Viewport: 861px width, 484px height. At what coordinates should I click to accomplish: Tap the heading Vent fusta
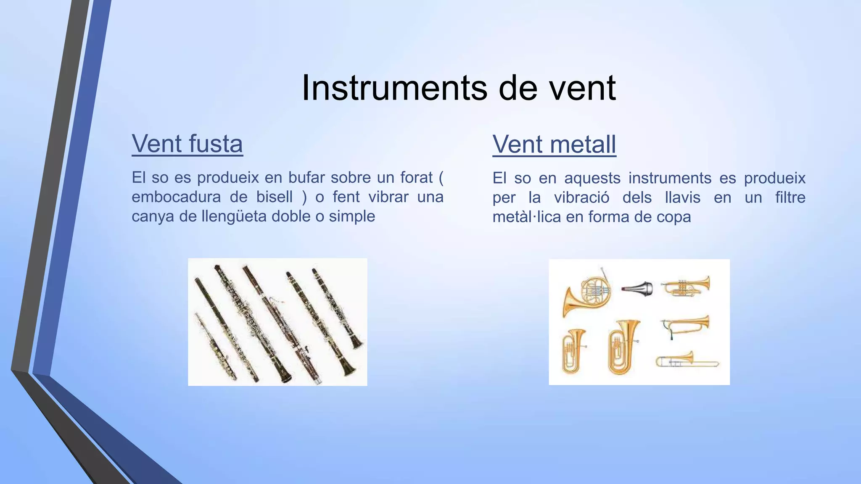187,144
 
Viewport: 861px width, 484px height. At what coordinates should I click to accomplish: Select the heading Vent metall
554,145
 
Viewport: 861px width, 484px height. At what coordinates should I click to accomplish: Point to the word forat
416,178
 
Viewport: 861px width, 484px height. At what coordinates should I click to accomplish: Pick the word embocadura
176,197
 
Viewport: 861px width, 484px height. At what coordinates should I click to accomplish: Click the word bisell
275,197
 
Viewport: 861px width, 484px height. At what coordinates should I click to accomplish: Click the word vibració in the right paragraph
581,198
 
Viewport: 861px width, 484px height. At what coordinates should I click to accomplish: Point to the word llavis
683,198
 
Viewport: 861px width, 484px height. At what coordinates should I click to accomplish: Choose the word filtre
790,198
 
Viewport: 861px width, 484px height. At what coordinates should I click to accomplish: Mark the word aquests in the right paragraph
592,179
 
